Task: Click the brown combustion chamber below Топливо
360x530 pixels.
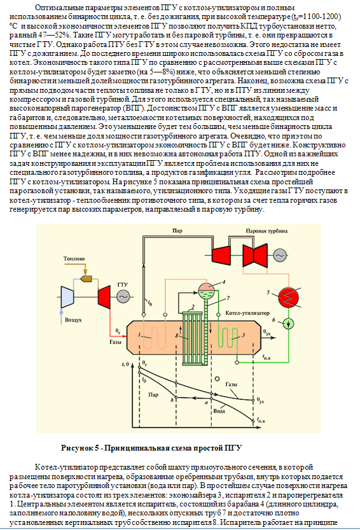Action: coord(87,278)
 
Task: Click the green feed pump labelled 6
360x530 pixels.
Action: coord(288,324)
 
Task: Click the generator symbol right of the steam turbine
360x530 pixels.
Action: coord(280,256)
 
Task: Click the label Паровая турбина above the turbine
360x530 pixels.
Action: coord(267,231)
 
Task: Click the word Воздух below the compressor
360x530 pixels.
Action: coord(73,320)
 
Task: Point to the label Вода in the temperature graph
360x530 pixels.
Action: coord(219,411)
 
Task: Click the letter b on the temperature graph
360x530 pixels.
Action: coord(172,400)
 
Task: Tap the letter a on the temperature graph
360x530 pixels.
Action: coord(205,402)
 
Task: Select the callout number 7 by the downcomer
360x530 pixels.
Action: coord(228,298)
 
